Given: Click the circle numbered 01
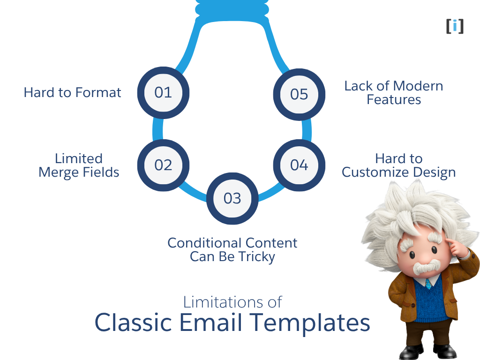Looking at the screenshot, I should [163, 92].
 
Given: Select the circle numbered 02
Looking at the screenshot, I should [163, 165].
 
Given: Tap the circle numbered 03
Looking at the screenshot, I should [232, 198].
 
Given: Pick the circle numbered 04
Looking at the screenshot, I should [299, 165].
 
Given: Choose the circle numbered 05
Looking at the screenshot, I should [299, 94].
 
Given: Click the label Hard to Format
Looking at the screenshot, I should [72, 92].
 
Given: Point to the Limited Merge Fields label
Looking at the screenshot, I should [79, 165].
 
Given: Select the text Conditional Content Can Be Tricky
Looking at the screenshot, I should [232, 250].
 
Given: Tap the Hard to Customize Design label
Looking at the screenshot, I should [398, 165].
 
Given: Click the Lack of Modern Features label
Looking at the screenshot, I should [393, 93].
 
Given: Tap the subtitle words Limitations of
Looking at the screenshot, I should [232, 301].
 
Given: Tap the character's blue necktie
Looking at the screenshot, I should [428, 284].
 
